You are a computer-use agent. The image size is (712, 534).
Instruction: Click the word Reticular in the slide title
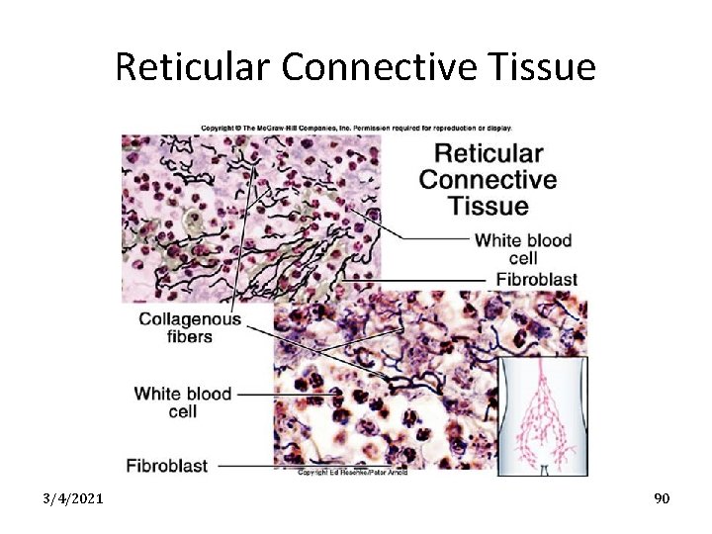pos(194,67)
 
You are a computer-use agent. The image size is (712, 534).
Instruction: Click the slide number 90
pos(662,498)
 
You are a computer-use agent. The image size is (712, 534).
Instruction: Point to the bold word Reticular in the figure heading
pos(489,153)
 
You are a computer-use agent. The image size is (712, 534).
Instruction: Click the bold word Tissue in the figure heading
pos(488,207)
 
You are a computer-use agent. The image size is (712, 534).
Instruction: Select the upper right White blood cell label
pos(523,248)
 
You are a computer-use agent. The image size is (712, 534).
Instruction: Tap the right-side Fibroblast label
pos(537,280)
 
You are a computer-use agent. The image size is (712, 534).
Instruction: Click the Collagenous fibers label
pos(189,327)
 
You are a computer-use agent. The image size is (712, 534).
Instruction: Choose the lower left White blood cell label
pos(183,401)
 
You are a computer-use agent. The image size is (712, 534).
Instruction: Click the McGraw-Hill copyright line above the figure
pos(356,128)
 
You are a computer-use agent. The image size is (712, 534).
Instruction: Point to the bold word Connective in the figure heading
pos(488,180)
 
